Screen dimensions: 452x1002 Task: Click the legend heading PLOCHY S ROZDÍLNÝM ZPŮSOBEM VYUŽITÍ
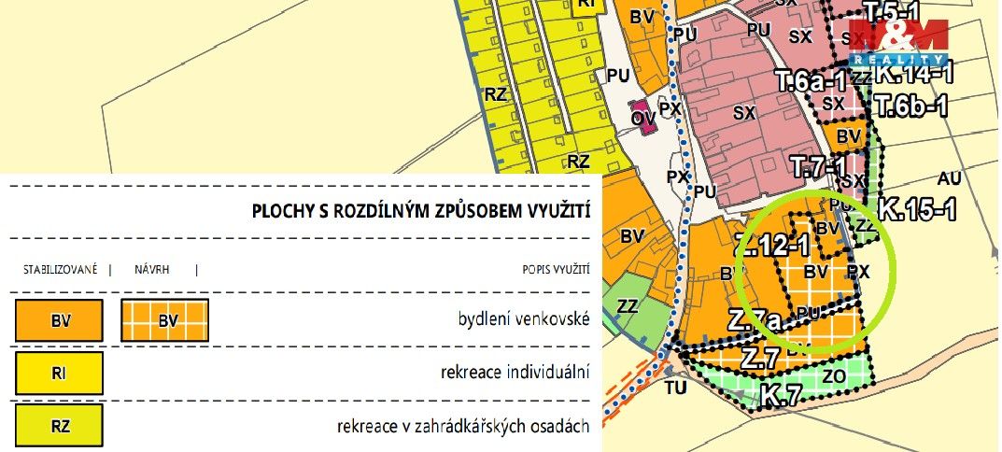click(x=420, y=212)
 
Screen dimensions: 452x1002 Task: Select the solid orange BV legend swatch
click(x=60, y=320)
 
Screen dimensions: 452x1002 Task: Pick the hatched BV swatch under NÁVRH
click(x=165, y=320)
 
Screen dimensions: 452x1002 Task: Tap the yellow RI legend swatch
click(x=60, y=374)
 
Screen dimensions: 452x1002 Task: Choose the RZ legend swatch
click(x=60, y=427)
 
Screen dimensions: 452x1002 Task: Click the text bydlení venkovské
click(x=524, y=320)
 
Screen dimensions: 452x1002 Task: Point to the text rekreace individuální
click(x=515, y=374)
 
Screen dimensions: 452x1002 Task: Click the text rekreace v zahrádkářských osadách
click(x=463, y=427)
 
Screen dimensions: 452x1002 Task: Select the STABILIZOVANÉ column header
click(x=60, y=270)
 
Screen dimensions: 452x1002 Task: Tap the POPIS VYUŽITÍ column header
click(x=556, y=270)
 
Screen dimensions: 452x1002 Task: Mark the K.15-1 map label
click(x=917, y=209)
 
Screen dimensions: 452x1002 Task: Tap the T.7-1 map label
click(x=818, y=168)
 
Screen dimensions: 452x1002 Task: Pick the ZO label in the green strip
click(x=834, y=375)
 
